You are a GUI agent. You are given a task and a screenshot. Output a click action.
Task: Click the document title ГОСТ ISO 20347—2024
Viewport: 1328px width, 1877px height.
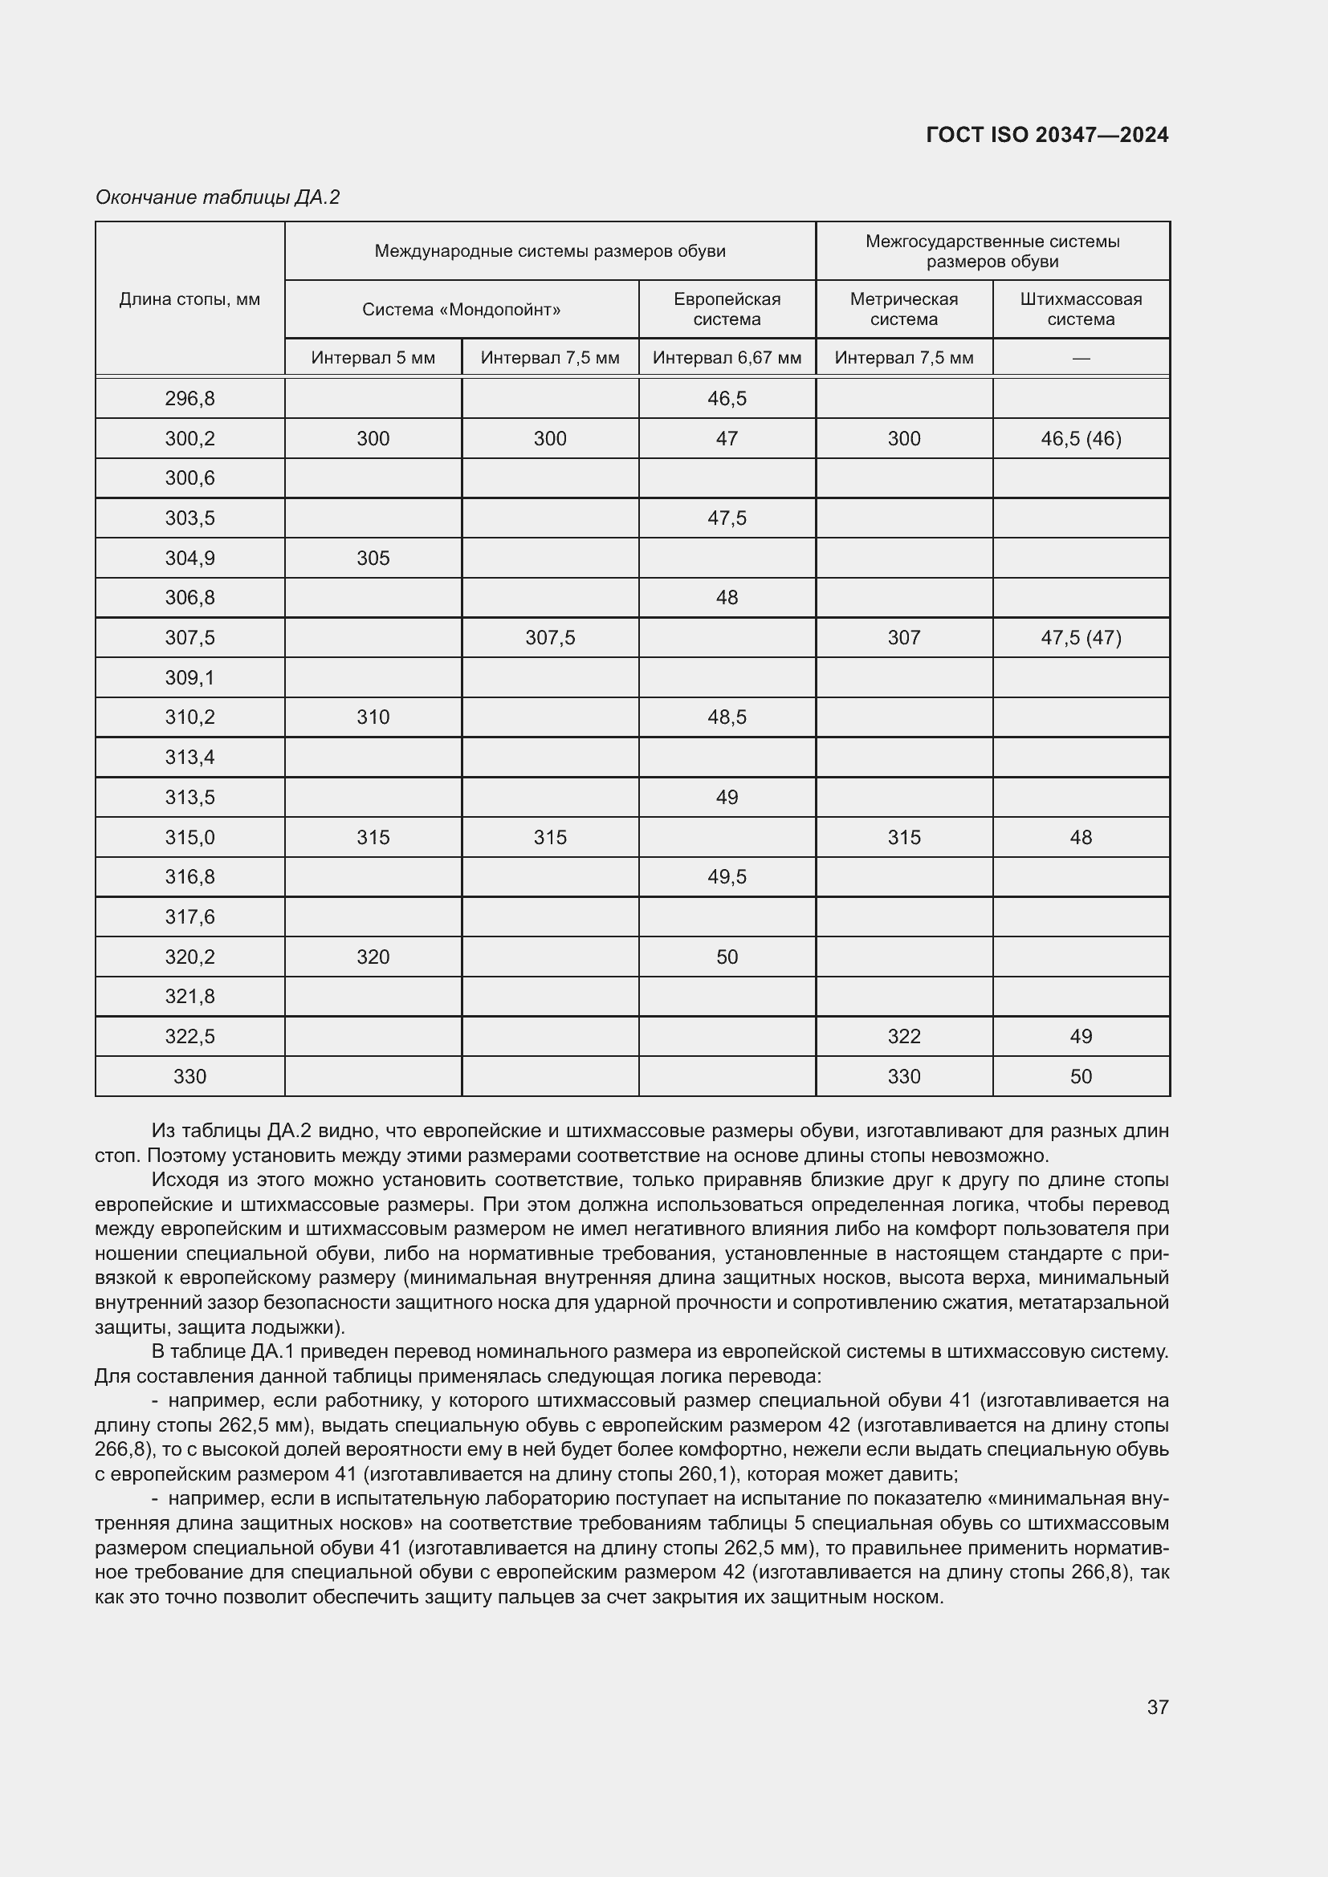tap(1047, 135)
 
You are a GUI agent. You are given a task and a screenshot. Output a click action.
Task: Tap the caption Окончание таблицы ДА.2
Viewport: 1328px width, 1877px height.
tap(218, 197)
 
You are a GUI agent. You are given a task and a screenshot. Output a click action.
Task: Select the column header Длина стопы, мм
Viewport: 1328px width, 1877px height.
tap(189, 299)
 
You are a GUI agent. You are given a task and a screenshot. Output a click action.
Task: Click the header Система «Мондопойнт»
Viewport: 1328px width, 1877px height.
tap(461, 310)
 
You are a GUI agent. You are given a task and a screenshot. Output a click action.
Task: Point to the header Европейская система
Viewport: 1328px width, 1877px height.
tap(727, 309)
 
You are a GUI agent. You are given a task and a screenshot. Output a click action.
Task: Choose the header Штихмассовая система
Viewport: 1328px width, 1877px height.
tap(1080, 309)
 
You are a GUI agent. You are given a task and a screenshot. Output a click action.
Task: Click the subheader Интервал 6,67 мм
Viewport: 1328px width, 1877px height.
tap(727, 358)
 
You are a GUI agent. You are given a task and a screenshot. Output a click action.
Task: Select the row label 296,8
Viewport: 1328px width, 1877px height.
tap(189, 399)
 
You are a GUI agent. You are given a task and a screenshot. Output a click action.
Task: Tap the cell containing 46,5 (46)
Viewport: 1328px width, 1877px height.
tap(1080, 439)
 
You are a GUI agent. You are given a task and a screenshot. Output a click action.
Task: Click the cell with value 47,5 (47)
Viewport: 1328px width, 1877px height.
tap(1080, 638)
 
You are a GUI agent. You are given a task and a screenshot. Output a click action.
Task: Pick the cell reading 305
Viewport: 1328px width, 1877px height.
tap(373, 559)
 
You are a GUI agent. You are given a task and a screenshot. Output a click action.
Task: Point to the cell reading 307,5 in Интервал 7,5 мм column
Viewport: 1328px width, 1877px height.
tap(549, 638)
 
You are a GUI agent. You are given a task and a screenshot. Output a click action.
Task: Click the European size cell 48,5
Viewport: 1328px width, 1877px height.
tap(727, 717)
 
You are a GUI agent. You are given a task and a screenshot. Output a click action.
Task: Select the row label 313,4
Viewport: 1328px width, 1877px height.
tap(189, 757)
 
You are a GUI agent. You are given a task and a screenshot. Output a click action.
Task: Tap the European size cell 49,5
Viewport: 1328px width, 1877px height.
tap(727, 876)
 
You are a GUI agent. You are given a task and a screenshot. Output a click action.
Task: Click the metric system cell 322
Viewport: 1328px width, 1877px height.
tap(903, 1037)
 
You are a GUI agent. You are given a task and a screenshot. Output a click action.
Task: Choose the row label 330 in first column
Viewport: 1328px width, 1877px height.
tap(189, 1077)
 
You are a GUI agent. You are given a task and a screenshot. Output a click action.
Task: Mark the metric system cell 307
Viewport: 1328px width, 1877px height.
tap(903, 638)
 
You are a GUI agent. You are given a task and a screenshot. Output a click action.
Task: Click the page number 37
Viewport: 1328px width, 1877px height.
tap(1157, 1707)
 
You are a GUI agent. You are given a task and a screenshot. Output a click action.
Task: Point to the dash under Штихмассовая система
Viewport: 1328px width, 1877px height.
tap(1080, 358)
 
